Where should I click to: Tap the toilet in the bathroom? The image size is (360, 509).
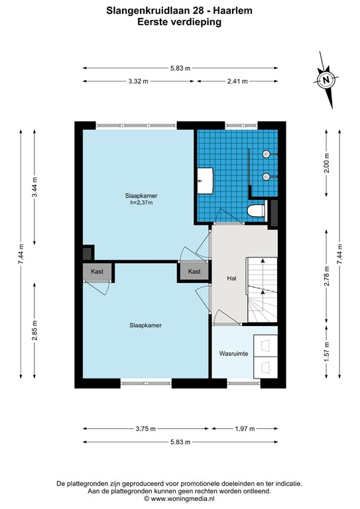tap(257, 210)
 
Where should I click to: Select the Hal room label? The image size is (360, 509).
tap(231, 278)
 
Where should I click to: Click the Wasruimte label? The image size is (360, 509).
tap(233, 353)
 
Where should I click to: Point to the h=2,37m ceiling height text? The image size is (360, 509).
tap(141, 203)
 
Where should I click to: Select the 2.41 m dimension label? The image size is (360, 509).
tap(237, 81)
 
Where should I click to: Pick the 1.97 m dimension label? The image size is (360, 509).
tap(245, 429)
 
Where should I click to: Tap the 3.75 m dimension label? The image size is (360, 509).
tap(145, 429)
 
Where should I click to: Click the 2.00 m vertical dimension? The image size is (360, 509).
tap(327, 162)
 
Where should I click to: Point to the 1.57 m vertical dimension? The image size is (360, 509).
tap(327, 352)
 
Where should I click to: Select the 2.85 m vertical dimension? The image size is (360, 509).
tap(34, 331)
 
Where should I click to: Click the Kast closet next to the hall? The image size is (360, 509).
tap(194, 271)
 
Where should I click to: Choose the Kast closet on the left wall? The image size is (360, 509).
tap(97, 271)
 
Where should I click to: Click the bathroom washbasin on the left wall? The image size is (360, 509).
tap(206, 180)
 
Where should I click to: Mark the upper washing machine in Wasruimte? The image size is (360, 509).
tap(266, 345)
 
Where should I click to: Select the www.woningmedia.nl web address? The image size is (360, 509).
tap(182, 498)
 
